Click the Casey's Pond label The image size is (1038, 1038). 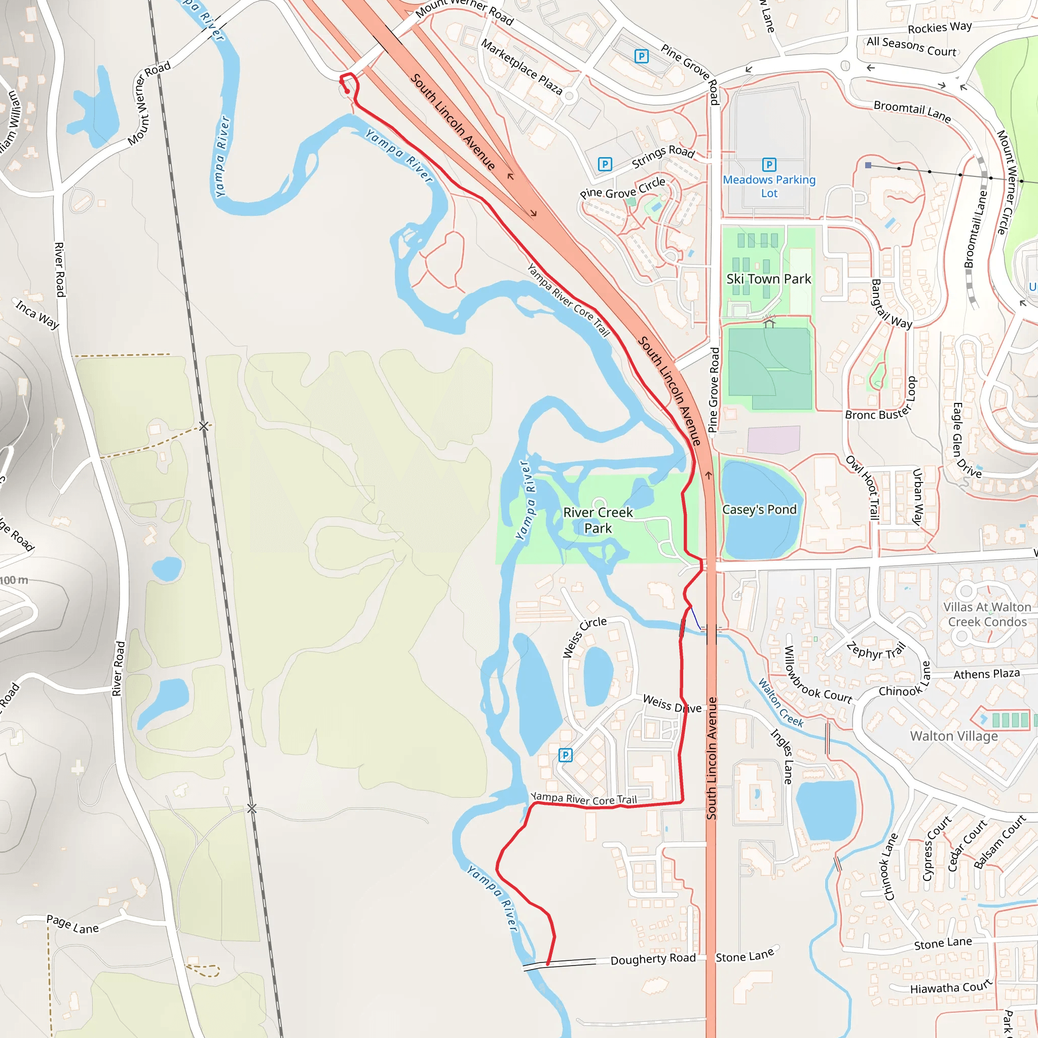pyautogui.click(x=759, y=509)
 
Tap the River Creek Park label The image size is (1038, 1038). pyautogui.click(x=598, y=520)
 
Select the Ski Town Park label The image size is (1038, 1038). pyautogui.click(x=769, y=279)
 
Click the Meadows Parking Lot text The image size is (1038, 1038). pyautogui.click(x=769, y=186)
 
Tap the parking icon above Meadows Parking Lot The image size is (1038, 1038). pyautogui.click(x=769, y=164)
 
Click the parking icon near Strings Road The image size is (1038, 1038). pyautogui.click(x=605, y=164)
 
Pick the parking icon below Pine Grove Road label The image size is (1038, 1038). pyautogui.click(x=642, y=56)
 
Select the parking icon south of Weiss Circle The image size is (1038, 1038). pyautogui.click(x=565, y=755)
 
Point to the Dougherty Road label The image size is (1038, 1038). pyautogui.click(x=653, y=958)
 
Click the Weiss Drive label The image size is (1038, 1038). pyautogui.click(x=672, y=704)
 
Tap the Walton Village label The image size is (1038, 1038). pyautogui.click(x=954, y=735)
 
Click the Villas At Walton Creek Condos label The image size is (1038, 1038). pyautogui.click(x=987, y=614)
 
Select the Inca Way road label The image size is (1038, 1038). pyautogui.click(x=37, y=314)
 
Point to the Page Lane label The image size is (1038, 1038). pyautogui.click(x=72, y=924)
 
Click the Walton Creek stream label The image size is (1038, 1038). pyautogui.click(x=781, y=703)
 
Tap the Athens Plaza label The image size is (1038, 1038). pyautogui.click(x=986, y=674)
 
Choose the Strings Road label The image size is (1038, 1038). pyautogui.click(x=663, y=156)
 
